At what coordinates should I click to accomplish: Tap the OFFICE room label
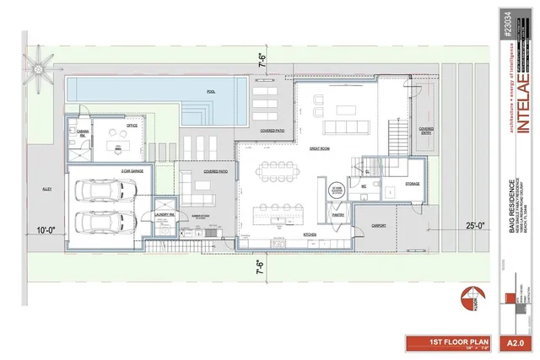click(132, 126)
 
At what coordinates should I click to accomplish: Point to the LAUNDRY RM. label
click(165, 215)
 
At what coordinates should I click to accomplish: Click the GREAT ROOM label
click(319, 148)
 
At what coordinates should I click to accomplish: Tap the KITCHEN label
click(310, 234)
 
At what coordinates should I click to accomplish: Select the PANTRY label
click(337, 216)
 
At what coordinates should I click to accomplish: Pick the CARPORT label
click(378, 225)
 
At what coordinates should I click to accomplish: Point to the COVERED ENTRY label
click(427, 131)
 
